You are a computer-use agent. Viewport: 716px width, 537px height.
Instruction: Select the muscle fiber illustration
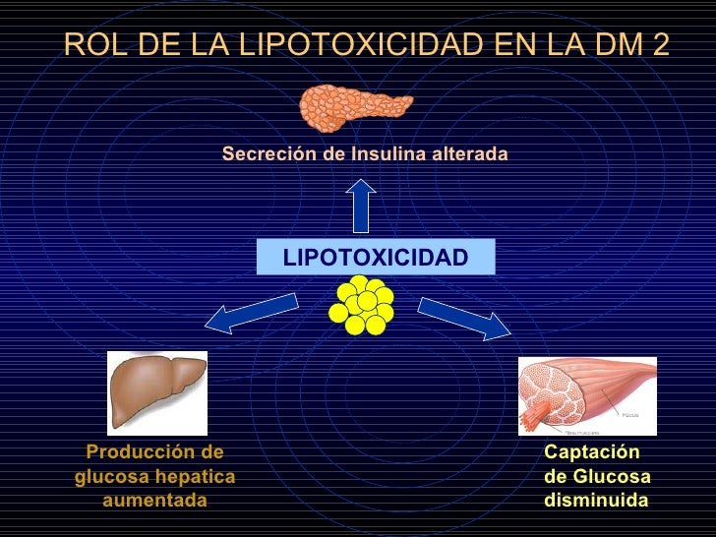click(x=586, y=395)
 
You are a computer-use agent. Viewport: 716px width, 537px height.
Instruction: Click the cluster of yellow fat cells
click(x=361, y=304)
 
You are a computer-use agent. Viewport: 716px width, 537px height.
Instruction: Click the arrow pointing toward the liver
click(x=251, y=313)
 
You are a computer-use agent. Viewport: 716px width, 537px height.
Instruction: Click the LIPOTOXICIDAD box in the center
click(x=375, y=258)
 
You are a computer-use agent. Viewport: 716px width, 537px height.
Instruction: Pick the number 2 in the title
click(x=658, y=44)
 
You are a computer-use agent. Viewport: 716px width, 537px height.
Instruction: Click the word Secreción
click(x=263, y=154)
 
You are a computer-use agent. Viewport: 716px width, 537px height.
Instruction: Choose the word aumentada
click(x=154, y=501)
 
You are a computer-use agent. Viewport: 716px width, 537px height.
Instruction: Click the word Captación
click(x=591, y=452)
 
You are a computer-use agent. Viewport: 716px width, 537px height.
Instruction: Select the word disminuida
click(x=596, y=501)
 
